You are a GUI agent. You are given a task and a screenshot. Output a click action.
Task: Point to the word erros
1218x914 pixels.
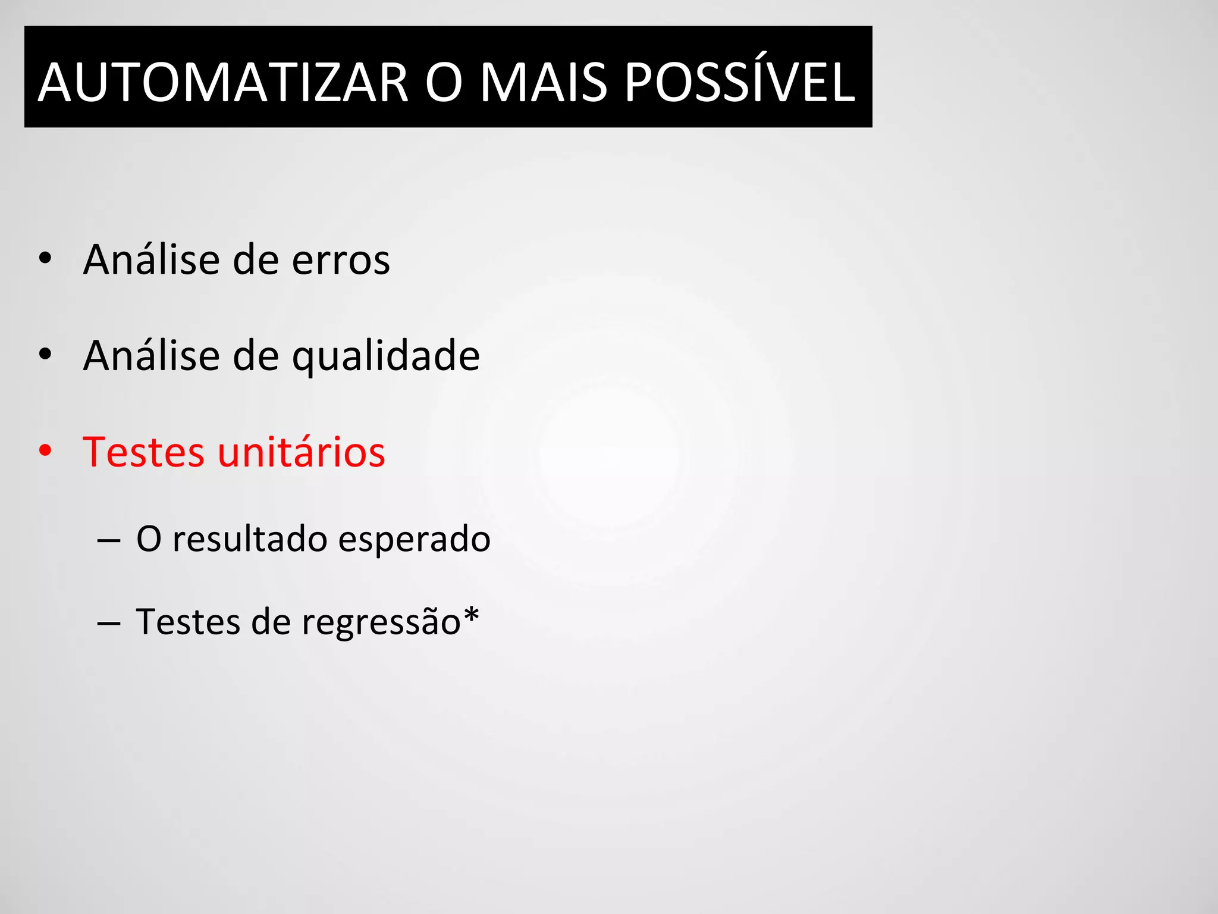(x=341, y=260)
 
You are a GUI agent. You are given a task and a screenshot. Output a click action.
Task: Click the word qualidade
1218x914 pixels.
(x=386, y=356)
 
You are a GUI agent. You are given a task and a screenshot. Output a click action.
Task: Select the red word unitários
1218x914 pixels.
(x=302, y=452)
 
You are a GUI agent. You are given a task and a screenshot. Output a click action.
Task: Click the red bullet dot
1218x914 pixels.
(x=45, y=451)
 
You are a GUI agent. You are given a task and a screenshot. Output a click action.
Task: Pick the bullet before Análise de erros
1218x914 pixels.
(x=45, y=259)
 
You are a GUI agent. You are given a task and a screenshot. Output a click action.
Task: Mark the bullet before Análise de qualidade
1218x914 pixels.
(x=45, y=355)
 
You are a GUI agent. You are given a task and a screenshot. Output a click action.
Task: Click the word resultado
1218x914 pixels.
(x=250, y=539)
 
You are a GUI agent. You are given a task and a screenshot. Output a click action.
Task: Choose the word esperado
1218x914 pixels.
(x=415, y=539)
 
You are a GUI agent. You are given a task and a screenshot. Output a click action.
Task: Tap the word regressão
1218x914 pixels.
(x=381, y=622)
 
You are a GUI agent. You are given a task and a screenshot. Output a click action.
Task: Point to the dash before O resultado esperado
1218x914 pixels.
(x=108, y=540)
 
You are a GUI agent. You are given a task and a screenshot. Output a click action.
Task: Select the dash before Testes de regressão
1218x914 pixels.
(x=108, y=624)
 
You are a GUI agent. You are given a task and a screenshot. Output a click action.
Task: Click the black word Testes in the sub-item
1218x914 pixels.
(x=188, y=622)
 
